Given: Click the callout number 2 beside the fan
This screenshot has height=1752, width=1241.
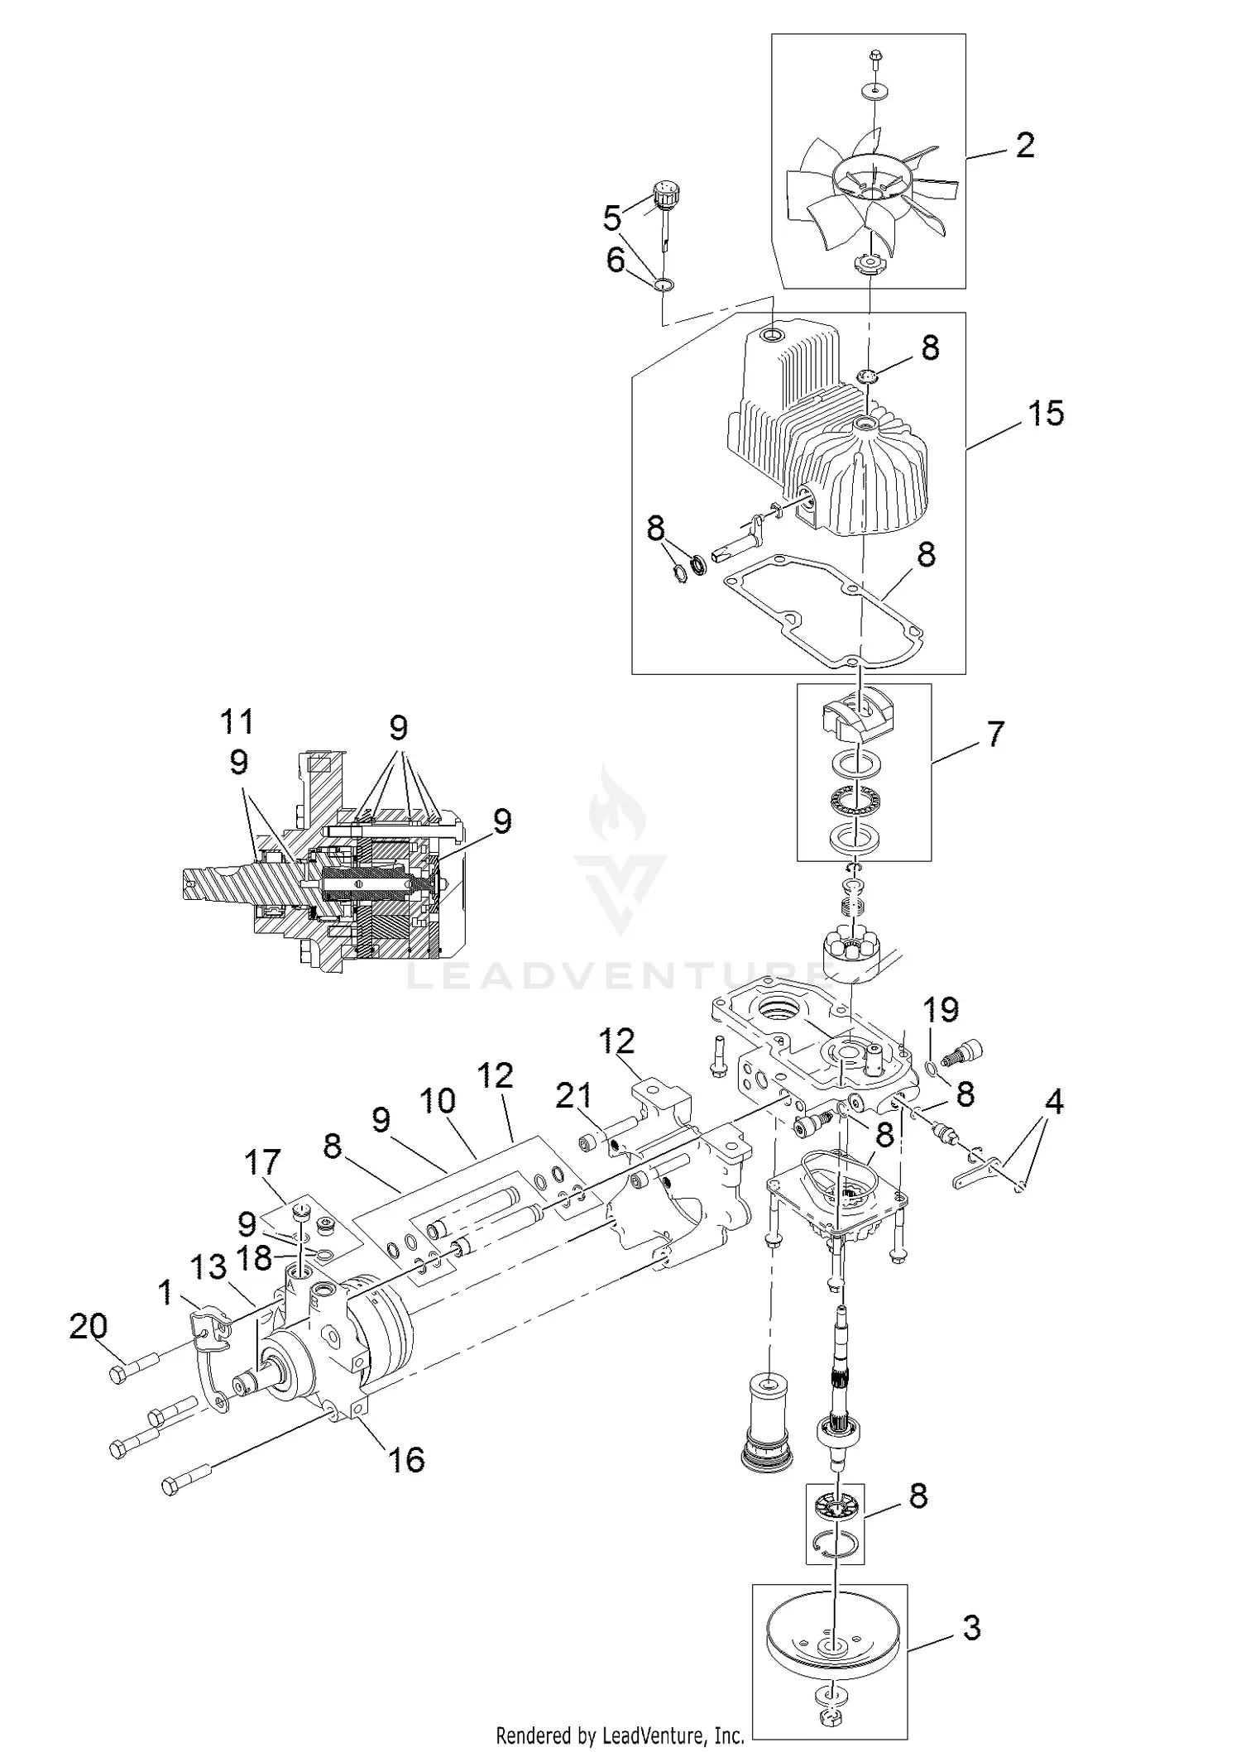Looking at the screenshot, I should click(x=1024, y=146).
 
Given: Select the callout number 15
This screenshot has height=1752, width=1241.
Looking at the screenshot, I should click(x=1045, y=414).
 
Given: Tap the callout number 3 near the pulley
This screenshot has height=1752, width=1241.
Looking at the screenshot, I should click(x=971, y=1628).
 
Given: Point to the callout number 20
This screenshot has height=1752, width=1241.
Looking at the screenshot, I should click(x=89, y=1328).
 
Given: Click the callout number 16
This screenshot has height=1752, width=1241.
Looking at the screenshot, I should click(x=407, y=1460).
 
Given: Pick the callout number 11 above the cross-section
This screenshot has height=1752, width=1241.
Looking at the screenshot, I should click(x=237, y=721).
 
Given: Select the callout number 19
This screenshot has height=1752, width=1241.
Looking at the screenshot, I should click(x=941, y=1009).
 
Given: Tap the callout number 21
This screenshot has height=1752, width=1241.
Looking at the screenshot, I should click(x=573, y=1096).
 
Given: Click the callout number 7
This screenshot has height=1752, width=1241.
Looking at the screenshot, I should click(x=995, y=734).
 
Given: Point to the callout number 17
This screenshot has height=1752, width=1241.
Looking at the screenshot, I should click(x=262, y=1163).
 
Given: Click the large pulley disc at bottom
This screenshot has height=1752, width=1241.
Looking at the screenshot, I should click(x=831, y=1642).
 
